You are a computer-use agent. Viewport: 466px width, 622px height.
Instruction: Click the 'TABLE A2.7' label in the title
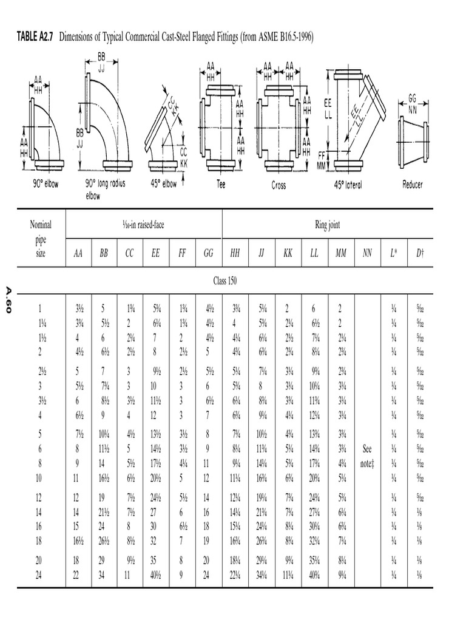click(x=35, y=38)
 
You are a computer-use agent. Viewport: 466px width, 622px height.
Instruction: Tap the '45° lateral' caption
click(x=348, y=185)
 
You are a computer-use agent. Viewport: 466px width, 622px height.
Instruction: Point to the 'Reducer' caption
click(x=413, y=184)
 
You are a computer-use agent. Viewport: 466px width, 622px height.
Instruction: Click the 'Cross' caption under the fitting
click(x=279, y=185)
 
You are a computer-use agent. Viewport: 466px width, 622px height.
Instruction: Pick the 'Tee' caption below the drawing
click(x=221, y=184)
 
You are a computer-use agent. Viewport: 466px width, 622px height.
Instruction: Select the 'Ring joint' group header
click(x=328, y=225)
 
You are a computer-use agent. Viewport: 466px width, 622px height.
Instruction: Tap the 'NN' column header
click(x=366, y=253)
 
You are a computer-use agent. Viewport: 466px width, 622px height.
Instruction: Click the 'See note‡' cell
click(x=366, y=456)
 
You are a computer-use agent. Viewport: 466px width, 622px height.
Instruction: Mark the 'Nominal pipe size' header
click(x=41, y=239)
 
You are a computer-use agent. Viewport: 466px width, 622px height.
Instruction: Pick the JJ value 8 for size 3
click(x=262, y=386)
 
